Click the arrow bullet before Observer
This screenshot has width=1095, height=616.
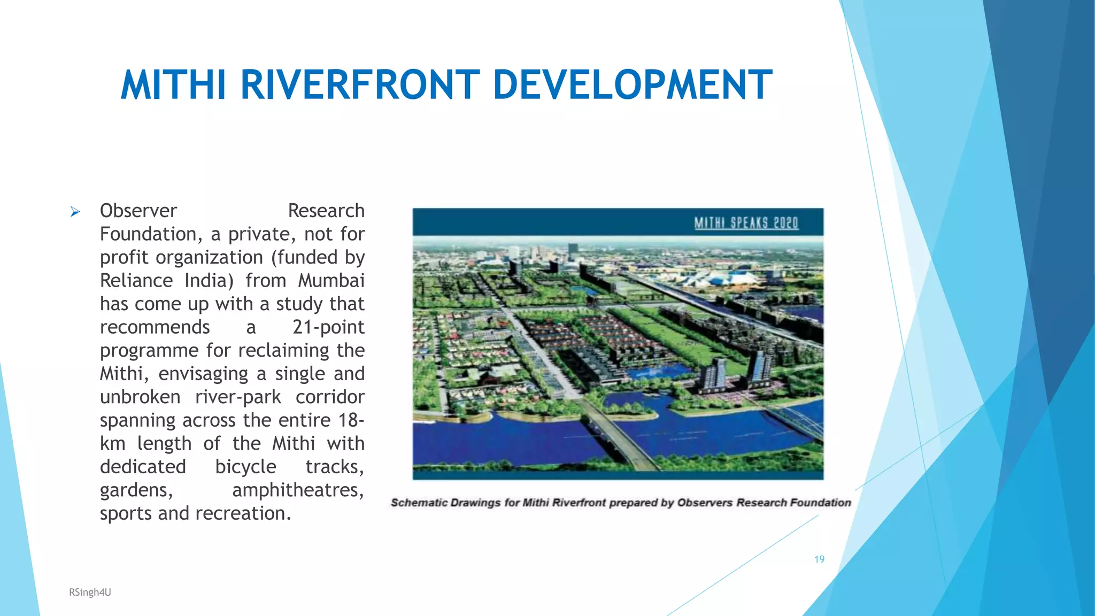click(x=75, y=212)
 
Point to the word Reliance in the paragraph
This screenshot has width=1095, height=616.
click(x=136, y=280)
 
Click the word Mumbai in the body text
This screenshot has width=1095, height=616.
click(x=331, y=280)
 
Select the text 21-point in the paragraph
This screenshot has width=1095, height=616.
click(x=328, y=327)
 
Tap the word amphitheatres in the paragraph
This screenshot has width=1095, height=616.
click(x=298, y=490)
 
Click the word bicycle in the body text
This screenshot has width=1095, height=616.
click(x=245, y=466)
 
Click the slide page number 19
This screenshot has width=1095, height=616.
click(x=819, y=559)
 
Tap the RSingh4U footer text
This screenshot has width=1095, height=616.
click(x=90, y=592)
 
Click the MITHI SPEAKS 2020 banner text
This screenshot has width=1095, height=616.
click(x=746, y=222)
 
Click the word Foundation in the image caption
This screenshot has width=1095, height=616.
click(x=820, y=503)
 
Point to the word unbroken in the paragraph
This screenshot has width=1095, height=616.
click(x=140, y=397)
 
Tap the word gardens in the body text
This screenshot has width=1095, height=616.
click(x=136, y=490)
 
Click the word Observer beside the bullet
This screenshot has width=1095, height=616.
click(x=138, y=211)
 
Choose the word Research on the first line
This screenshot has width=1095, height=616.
click(x=326, y=211)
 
